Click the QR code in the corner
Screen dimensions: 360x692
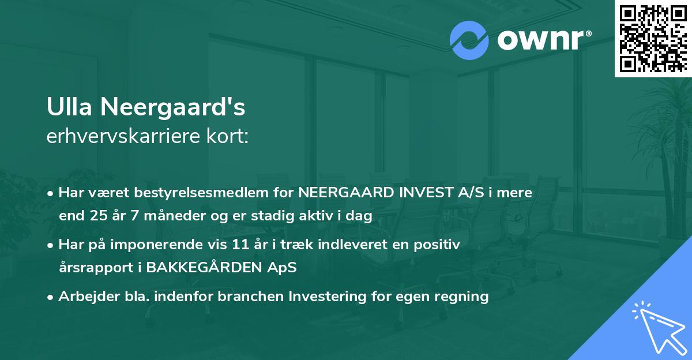click(653, 39)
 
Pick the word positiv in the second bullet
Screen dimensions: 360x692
click(441, 245)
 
